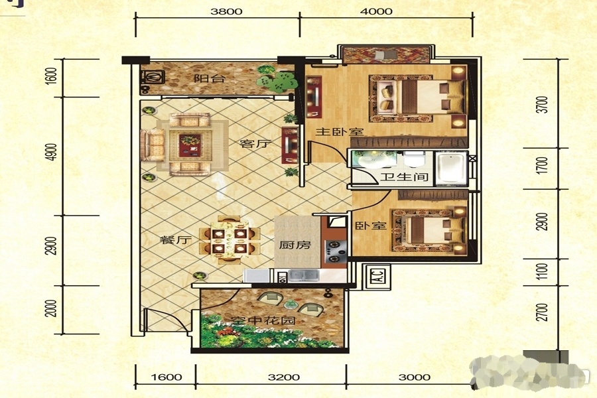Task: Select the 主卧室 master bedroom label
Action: click(x=340, y=132)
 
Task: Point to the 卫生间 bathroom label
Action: click(x=405, y=176)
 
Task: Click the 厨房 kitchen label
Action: click(x=295, y=245)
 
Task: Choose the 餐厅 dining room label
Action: click(x=175, y=240)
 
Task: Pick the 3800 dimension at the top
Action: click(x=226, y=11)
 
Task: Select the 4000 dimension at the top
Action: click(x=376, y=11)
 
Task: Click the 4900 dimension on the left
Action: click(x=53, y=152)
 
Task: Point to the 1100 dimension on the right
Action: click(x=543, y=271)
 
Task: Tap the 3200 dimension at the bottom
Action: click(x=284, y=377)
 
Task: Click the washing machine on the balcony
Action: click(x=153, y=78)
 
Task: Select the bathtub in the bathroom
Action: click(x=451, y=168)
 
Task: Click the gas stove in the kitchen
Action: click(x=336, y=251)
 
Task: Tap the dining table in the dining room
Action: click(x=230, y=240)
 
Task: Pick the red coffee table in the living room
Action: click(x=190, y=145)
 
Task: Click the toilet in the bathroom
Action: click(x=414, y=159)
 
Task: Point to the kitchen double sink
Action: click(x=303, y=275)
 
